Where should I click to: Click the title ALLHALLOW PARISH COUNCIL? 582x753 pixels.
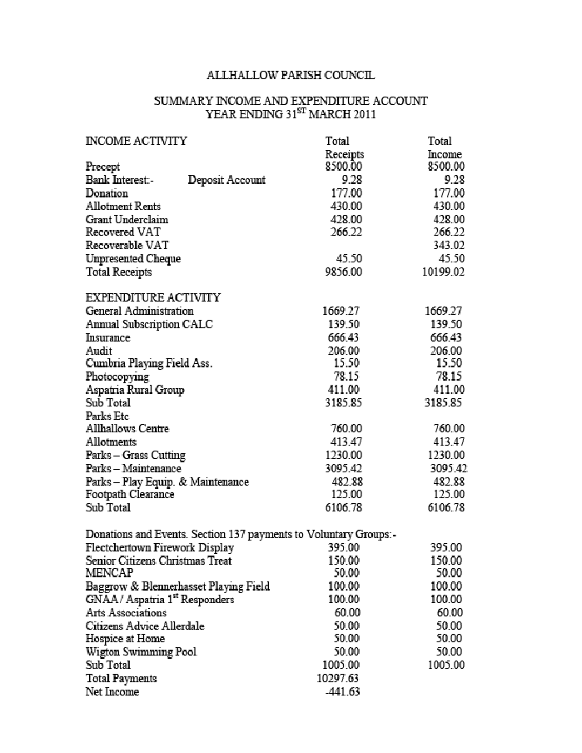point(291,75)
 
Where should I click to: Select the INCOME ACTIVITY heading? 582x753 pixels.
point(136,141)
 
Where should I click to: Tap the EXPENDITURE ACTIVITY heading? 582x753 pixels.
point(153,297)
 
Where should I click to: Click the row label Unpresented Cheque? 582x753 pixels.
point(133,259)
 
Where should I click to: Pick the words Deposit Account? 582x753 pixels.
point(226,180)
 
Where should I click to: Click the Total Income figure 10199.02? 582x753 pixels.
point(443,272)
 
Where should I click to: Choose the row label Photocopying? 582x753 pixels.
point(117,376)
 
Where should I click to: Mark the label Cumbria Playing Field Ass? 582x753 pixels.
point(149,363)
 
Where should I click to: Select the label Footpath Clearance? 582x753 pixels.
point(130,494)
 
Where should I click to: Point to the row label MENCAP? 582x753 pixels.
point(110,573)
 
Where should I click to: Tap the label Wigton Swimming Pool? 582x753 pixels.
point(141,651)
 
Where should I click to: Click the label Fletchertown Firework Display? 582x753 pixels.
point(160,547)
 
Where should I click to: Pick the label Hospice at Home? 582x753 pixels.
point(125,639)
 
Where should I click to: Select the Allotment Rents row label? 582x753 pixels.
point(123,206)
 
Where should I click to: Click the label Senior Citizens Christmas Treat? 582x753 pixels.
point(158,561)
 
